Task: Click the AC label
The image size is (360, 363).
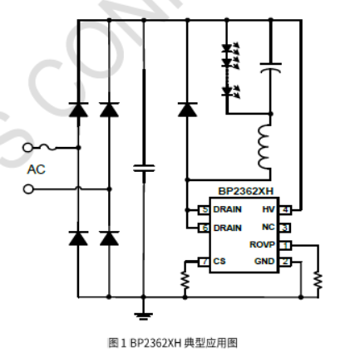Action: pos(36,169)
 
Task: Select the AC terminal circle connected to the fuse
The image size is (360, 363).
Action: pos(28,148)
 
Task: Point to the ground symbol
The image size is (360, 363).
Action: pos(144,312)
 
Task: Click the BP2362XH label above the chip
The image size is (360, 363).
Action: pos(245,191)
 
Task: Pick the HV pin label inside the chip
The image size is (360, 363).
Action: pos(268,209)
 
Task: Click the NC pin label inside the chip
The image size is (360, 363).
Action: pos(268,227)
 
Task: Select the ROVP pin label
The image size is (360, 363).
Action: pos(262,245)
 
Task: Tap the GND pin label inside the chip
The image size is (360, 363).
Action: pos(264,262)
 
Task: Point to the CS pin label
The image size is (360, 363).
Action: pos(219,262)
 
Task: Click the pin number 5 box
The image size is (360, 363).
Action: pos(204,210)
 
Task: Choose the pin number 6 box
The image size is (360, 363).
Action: pos(204,227)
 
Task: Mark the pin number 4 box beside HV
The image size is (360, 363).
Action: pos(284,209)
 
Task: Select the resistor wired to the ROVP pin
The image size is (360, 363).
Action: pos(317,281)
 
